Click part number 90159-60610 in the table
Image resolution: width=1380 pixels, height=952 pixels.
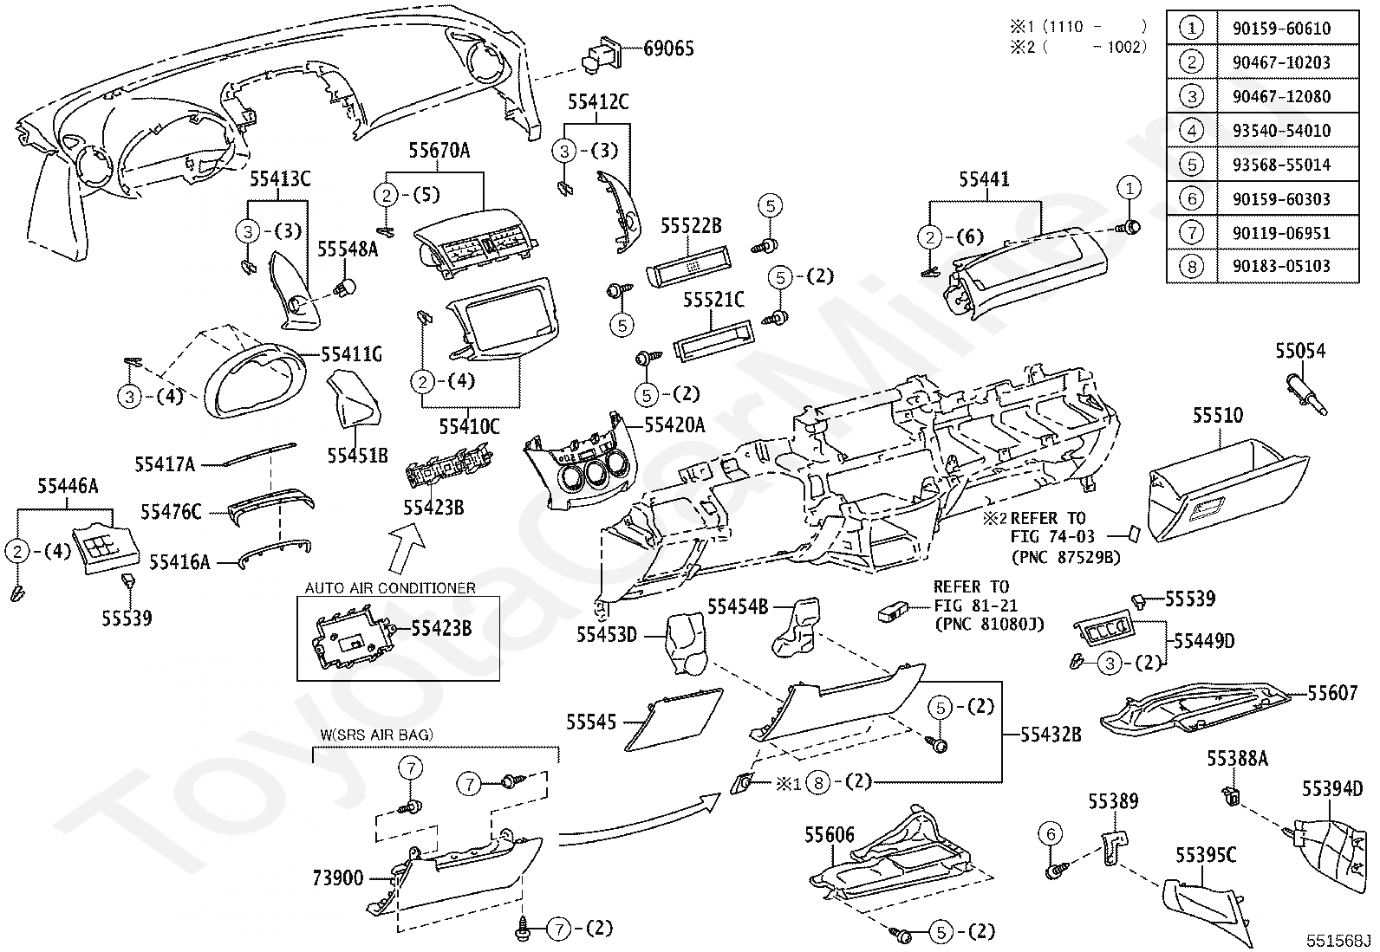click(x=1281, y=29)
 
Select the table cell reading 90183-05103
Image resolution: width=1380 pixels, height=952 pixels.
click(x=1281, y=266)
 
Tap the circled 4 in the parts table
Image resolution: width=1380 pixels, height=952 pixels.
click(x=1192, y=131)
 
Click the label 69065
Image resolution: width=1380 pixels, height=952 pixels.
click(x=668, y=49)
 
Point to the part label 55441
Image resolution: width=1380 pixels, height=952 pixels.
click(x=985, y=179)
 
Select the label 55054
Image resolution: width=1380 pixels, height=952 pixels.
click(x=1300, y=351)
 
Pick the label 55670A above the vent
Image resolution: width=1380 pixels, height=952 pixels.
click(x=439, y=150)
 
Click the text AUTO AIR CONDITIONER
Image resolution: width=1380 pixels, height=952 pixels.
click(x=390, y=588)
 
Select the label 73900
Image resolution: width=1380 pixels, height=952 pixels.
click(x=337, y=878)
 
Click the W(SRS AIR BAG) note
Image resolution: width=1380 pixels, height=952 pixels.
click(x=376, y=735)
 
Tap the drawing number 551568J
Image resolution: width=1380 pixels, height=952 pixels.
click(x=1338, y=940)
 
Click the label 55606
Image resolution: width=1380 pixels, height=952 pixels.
click(x=830, y=835)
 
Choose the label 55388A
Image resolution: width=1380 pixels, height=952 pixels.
click(x=1237, y=759)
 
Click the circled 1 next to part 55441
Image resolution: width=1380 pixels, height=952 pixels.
click(x=1129, y=188)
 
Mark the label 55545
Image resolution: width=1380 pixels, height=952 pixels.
click(x=591, y=722)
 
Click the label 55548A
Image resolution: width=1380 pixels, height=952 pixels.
click(x=348, y=249)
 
